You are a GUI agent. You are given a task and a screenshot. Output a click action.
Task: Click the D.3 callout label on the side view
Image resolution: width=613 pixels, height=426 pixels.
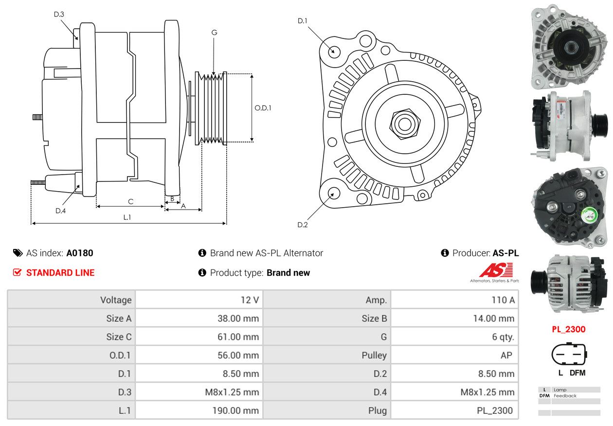coord(59,15)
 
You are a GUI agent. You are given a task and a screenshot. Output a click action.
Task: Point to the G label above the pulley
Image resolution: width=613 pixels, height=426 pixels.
coord(214,33)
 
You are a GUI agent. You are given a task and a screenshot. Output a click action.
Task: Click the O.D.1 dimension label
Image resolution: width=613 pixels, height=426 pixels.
coord(263,107)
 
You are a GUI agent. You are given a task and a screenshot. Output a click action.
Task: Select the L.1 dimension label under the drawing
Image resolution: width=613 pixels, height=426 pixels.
coord(127,217)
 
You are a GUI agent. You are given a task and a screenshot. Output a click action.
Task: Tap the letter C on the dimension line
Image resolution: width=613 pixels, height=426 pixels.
coord(130,201)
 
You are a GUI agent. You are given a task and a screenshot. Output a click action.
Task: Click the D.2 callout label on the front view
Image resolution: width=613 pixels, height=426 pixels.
coord(303,225)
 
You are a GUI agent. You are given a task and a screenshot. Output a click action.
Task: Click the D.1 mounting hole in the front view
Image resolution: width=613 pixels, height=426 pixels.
coord(334,51)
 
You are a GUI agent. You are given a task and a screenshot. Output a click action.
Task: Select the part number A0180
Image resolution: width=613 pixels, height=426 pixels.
coord(80,253)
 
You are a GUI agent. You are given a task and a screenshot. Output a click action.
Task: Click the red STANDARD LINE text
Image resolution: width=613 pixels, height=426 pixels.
coord(60,273)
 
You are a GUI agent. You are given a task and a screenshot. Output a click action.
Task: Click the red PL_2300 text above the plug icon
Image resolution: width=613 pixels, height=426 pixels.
coord(568,329)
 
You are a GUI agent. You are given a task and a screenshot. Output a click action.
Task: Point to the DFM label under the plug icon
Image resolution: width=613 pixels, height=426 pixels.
coord(577,373)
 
